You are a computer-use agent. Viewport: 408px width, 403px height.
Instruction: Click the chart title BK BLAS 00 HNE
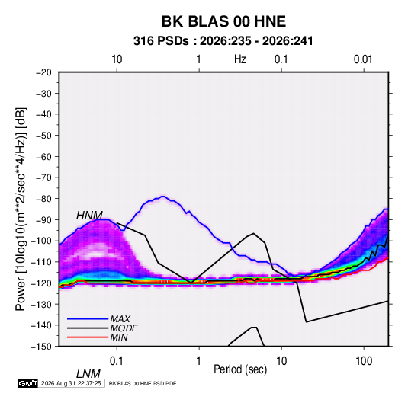223,21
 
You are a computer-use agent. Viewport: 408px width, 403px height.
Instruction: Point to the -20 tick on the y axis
43,72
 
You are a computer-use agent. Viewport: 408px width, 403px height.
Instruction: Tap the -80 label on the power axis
43,199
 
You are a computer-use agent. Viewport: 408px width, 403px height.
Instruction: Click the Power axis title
21,209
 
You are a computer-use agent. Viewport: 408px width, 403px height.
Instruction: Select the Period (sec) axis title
240,369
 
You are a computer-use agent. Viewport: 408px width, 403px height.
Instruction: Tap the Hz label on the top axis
240,59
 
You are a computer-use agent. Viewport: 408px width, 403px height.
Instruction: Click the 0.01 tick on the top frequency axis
363,59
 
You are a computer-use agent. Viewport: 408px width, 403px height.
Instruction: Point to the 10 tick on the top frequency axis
117,59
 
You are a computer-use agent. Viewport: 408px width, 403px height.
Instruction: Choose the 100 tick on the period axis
364,361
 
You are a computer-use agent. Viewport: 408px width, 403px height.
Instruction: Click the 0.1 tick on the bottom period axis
117,361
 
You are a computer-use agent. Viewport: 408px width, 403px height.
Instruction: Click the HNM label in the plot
89,216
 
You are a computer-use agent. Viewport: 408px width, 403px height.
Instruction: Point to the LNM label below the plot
88,374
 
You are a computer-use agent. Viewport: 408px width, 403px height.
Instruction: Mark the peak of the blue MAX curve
163,197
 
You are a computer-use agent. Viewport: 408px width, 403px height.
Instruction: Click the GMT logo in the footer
27,383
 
